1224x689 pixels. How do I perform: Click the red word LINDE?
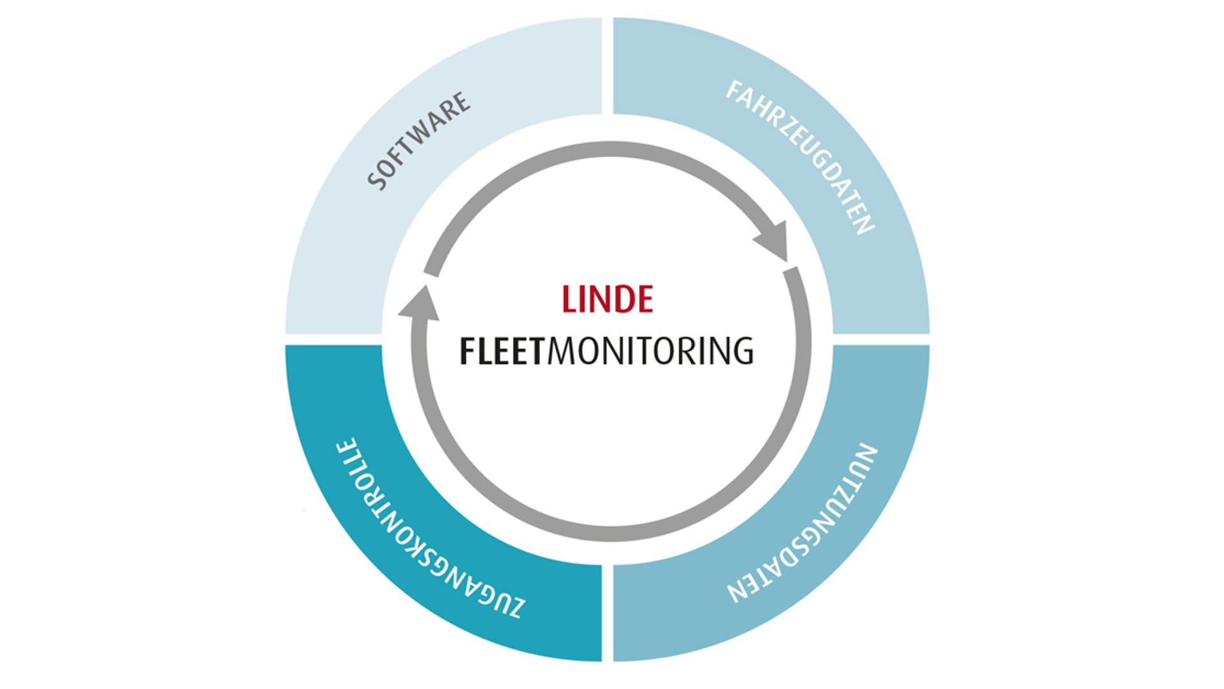point(607,299)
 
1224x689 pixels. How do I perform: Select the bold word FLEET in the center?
point(502,352)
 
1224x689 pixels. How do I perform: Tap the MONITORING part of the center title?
point(650,352)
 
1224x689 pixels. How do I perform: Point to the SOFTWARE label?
point(419,141)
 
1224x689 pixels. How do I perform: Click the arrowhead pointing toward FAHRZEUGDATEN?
point(774,241)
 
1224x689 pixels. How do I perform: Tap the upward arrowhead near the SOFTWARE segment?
point(419,304)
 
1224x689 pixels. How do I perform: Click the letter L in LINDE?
point(569,299)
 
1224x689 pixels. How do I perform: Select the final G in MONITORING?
point(743,352)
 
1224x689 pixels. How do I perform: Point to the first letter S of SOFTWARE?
point(378,181)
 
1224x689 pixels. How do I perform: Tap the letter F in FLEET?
point(467,352)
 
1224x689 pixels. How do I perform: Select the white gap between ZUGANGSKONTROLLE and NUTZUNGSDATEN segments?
point(608,612)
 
